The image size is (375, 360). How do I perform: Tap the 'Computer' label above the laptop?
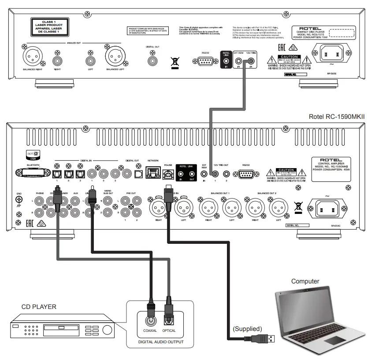pos(305,281)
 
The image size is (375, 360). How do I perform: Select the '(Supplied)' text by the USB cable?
pos(247,328)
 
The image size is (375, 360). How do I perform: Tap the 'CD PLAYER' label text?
pos(39,306)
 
